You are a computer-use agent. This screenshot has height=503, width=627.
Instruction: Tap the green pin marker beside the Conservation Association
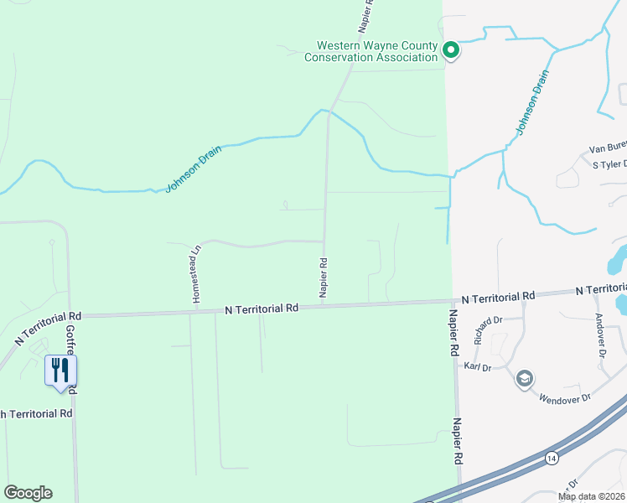tap(451, 50)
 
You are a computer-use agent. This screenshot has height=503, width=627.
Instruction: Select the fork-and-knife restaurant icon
tap(60, 371)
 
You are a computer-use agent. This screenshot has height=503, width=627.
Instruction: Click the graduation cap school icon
tap(526, 379)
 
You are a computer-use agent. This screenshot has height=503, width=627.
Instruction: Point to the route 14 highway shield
tap(551, 458)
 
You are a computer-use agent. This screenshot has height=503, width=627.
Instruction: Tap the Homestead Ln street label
tap(196, 273)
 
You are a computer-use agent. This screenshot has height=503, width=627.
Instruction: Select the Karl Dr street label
tap(476, 367)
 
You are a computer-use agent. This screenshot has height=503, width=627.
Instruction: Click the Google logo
tap(28, 493)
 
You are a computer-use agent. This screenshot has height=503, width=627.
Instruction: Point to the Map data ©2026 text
tap(591, 496)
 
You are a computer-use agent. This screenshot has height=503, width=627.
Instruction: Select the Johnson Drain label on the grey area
tap(532, 102)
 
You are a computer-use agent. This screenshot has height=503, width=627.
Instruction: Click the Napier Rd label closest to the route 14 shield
tap(459, 442)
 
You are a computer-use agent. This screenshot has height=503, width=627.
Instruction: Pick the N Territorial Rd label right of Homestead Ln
tap(262, 309)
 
